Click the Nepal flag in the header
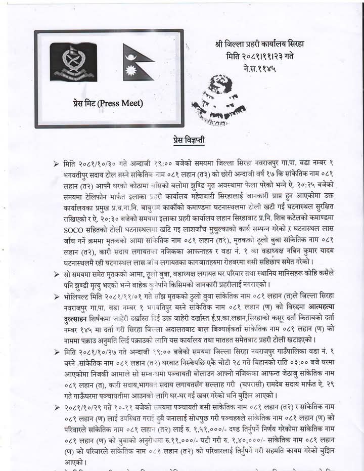pos(138,62)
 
